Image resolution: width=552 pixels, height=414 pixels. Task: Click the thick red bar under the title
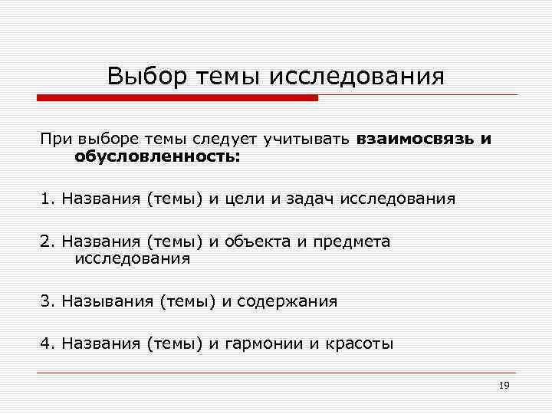point(177,98)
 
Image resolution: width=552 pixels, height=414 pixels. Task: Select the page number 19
point(504,386)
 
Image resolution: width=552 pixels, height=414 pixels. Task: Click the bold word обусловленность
point(156,156)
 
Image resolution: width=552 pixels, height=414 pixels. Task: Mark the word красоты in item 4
point(358,344)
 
